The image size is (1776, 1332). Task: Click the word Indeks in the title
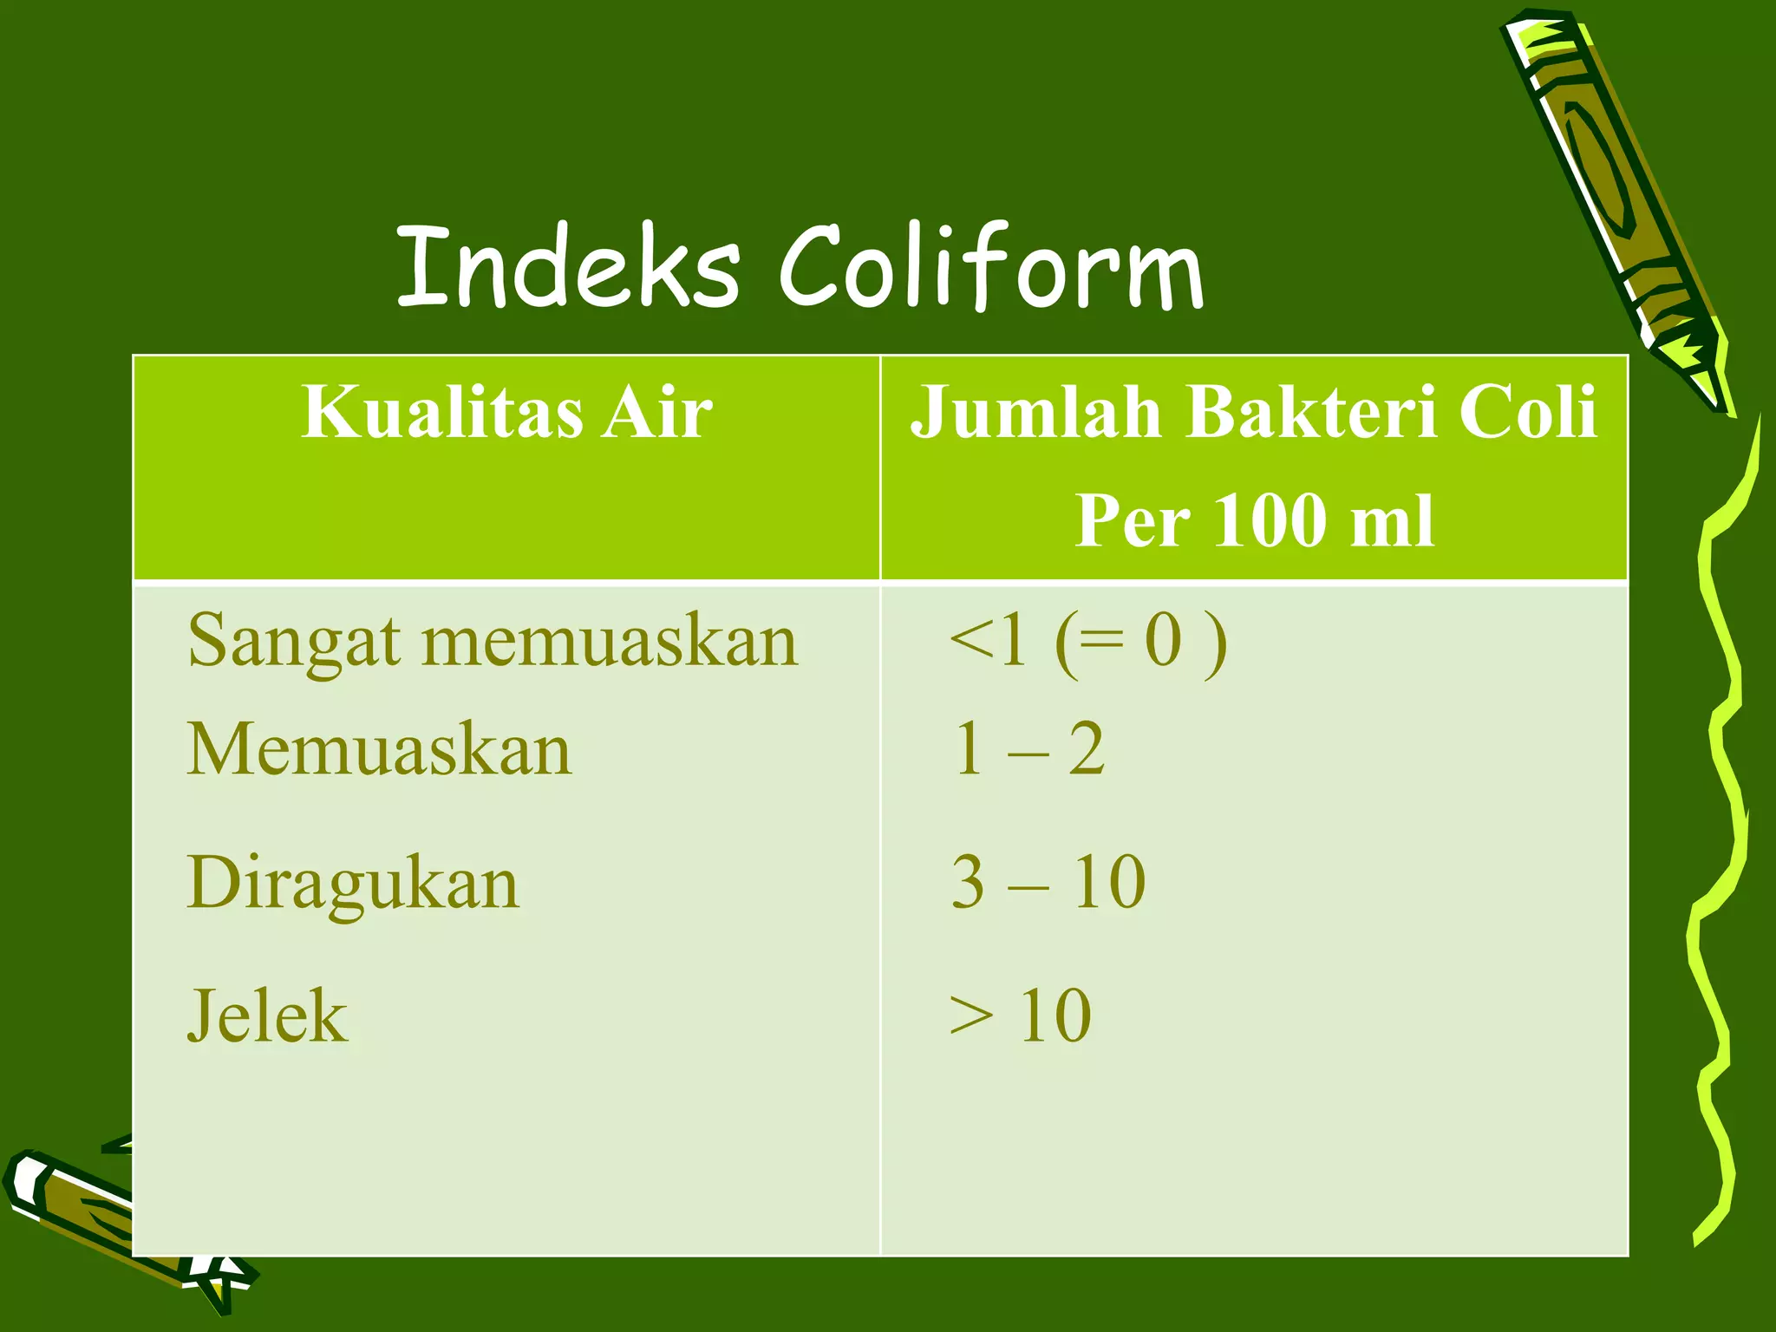click(x=568, y=267)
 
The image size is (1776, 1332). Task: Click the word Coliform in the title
click(x=991, y=267)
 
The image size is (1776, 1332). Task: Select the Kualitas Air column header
click(x=506, y=413)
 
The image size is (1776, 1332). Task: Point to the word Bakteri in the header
click(x=1309, y=413)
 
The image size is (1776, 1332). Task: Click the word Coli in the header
click(x=1526, y=413)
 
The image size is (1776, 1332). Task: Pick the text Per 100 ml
click(x=1254, y=521)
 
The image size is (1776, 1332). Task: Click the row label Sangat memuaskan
click(x=492, y=642)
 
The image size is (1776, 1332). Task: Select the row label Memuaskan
click(x=379, y=749)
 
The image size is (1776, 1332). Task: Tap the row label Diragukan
click(x=353, y=884)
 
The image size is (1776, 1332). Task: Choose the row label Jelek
click(x=267, y=1016)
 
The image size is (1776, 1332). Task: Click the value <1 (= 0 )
click(x=1088, y=642)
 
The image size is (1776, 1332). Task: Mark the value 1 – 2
click(x=1028, y=749)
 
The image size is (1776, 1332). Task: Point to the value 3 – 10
click(x=1048, y=884)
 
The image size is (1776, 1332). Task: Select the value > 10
click(x=1020, y=1016)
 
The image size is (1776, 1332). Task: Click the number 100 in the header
click(x=1270, y=521)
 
